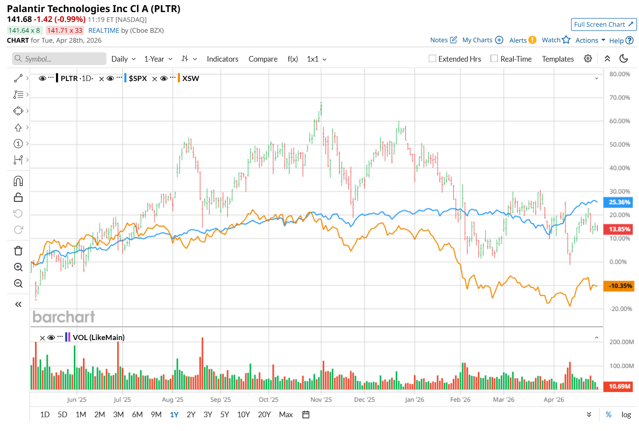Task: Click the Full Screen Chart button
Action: pyautogui.click(x=603, y=25)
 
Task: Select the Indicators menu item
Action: pyautogui.click(x=222, y=59)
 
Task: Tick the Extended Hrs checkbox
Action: pyautogui.click(x=433, y=59)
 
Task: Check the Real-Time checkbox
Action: pyautogui.click(x=494, y=59)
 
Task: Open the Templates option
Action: pyautogui.click(x=558, y=59)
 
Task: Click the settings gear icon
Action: pyautogui.click(x=588, y=59)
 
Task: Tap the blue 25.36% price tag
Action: pyautogui.click(x=619, y=202)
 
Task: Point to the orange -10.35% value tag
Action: pyautogui.click(x=619, y=286)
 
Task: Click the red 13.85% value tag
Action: pyautogui.click(x=619, y=229)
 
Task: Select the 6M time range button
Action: pyautogui.click(x=137, y=415)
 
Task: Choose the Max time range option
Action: pyautogui.click(x=286, y=415)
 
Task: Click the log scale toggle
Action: pyautogui.click(x=626, y=415)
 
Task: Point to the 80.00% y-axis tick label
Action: pyautogui.click(x=620, y=74)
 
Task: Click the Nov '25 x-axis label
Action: pyautogui.click(x=321, y=400)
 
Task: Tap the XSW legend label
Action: pyautogui.click(x=190, y=78)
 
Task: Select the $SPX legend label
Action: pyautogui.click(x=138, y=78)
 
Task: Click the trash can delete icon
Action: pyautogui.click(x=18, y=251)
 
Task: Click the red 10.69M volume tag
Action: pyautogui.click(x=619, y=386)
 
